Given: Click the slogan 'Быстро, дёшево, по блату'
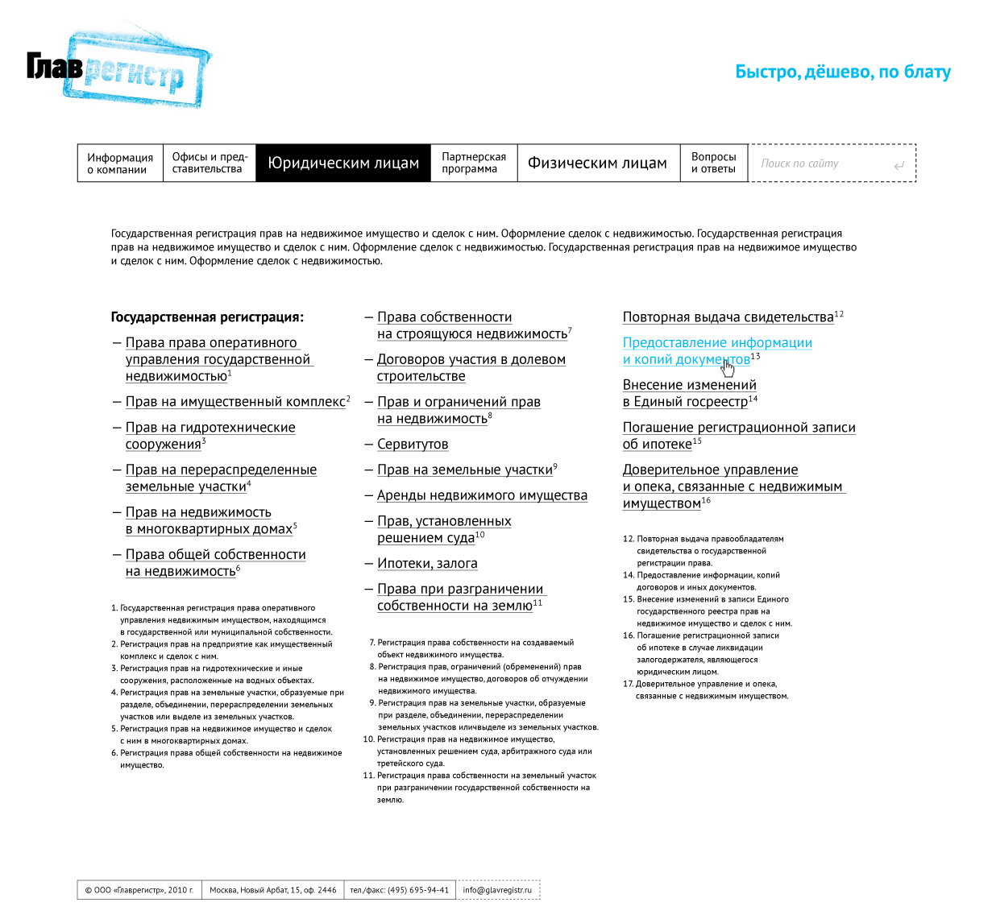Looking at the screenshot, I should point(843,72).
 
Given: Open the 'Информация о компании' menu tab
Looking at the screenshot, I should point(120,164).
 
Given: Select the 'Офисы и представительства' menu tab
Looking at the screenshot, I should point(210,163).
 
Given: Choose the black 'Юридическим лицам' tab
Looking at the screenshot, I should point(343,164).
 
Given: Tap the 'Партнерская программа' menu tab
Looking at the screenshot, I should point(474,163).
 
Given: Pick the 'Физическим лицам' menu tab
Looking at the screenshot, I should point(597,164).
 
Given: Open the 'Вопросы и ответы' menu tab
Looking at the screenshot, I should point(713,163).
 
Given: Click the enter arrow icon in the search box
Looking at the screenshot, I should point(899,166).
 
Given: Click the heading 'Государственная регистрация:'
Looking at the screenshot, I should point(207,317).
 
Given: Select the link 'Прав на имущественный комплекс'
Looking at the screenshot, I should point(235,402).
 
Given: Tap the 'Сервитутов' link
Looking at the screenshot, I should point(413,445).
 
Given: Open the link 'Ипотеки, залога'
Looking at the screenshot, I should point(427,564).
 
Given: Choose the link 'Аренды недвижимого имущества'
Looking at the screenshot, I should point(482,495).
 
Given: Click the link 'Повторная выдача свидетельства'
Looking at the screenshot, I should point(728,317).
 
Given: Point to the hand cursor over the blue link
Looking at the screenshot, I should point(728,368).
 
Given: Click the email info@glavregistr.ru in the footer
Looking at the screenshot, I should point(497,890).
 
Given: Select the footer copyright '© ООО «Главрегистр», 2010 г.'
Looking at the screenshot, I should point(139,890).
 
